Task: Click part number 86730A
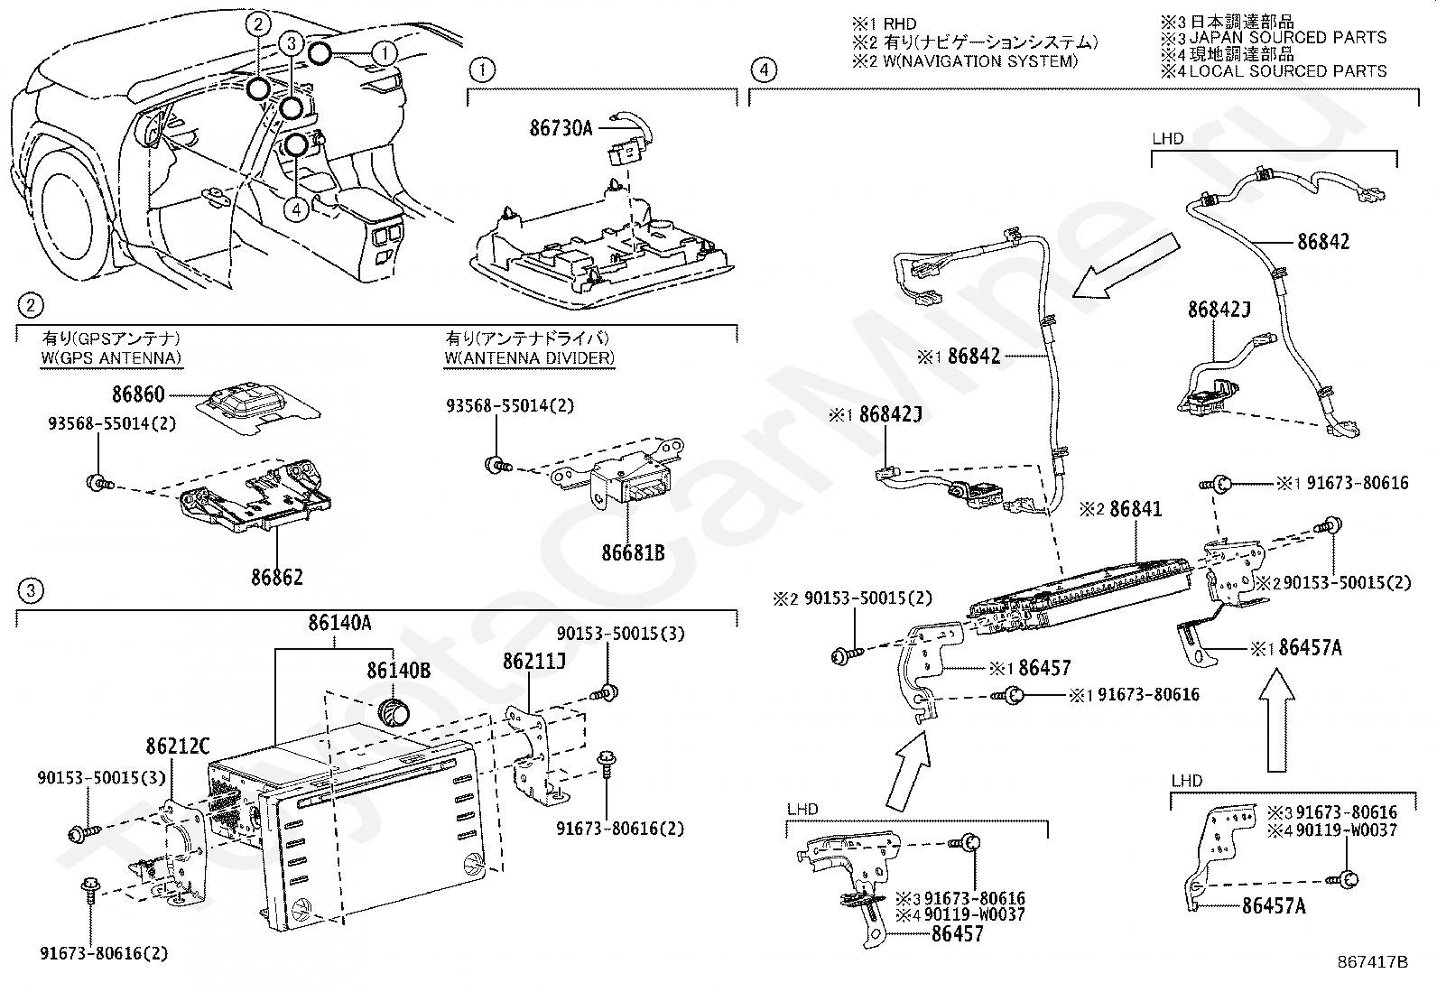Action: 561,128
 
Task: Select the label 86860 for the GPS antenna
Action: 139,394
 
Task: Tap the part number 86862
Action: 277,578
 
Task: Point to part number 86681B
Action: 633,552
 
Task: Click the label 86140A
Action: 339,623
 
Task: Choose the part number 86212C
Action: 178,746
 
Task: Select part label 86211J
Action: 534,661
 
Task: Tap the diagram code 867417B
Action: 1373,962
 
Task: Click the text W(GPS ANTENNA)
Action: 112,358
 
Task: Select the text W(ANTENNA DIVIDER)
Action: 529,358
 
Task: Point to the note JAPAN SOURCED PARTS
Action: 1287,38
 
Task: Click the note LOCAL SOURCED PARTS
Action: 1287,71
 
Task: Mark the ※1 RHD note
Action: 884,24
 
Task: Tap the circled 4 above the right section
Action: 764,70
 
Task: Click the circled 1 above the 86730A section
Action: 482,70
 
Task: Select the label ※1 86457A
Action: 1296,648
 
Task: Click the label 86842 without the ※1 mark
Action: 1323,242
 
